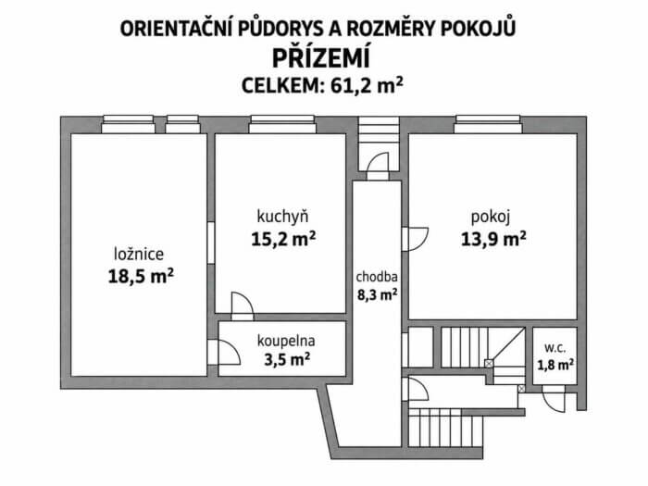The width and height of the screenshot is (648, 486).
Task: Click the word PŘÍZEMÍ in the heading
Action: pos(320,57)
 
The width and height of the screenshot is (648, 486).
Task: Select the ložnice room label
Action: pos(139,254)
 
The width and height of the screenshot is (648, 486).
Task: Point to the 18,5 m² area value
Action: pos(141,276)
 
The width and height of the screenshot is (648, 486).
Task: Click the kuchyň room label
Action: pos(282,217)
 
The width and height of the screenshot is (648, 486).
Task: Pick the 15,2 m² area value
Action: pos(283,239)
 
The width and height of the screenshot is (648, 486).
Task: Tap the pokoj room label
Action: pos(491,217)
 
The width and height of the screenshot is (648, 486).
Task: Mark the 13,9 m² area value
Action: pos(493,239)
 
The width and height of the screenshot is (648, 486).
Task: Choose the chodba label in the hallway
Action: pos(377,277)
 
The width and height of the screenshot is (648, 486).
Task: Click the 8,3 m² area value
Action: pos(378,295)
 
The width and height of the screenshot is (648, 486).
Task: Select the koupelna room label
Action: pos(286,341)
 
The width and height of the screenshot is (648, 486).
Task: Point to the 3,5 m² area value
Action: pos(287,359)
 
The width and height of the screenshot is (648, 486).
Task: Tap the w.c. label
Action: pos(555,348)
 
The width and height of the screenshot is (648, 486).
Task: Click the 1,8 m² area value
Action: pos(555,365)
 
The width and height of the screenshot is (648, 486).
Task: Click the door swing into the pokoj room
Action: pos(416,239)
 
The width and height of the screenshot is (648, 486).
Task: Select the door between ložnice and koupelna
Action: pos(224,352)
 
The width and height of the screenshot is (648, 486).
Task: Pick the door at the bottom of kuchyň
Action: pos(243,306)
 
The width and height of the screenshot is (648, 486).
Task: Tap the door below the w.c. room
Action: pos(554,399)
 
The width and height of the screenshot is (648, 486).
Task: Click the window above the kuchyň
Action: pos(282,124)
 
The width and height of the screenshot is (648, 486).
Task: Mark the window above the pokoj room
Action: pos(488,124)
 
